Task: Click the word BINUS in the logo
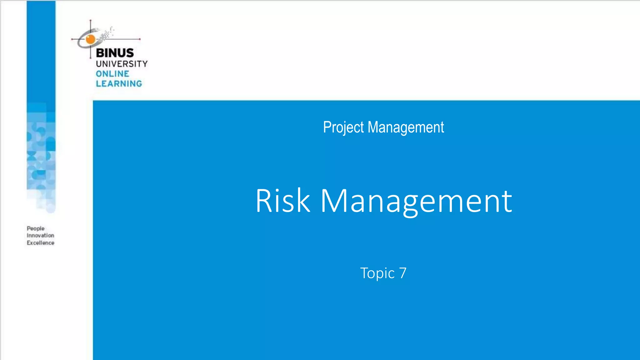click(115, 53)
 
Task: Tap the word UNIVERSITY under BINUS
click(122, 64)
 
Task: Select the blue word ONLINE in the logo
click(112, 74)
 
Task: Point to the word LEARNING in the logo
click(119, 84)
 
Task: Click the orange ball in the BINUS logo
click(90, 39)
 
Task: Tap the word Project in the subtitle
click(343, 127)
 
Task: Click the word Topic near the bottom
click(377, 273)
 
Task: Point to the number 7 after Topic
click(403, 273)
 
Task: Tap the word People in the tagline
click(36, 228)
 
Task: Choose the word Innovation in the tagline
click(40, 235)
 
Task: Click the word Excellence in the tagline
click(40, 243)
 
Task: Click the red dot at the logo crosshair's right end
click(140, 39)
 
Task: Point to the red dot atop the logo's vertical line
click(91, 21)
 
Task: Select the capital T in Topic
click(364, 273)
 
